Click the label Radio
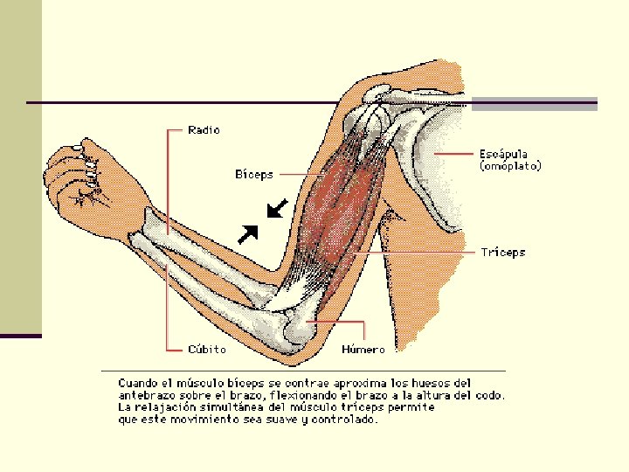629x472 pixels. coord(204,130)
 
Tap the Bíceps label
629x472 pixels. coord(253,174)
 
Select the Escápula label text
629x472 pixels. coord(503,154)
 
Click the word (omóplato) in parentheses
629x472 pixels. coord(510,165)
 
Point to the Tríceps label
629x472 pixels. coord(503,252)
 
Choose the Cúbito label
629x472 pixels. coord(207,349)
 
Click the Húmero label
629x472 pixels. coord(363,349)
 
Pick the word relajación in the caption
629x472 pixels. coord(169,407)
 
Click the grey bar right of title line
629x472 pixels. coord(534,103)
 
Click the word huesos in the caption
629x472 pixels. coord(427,383)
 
